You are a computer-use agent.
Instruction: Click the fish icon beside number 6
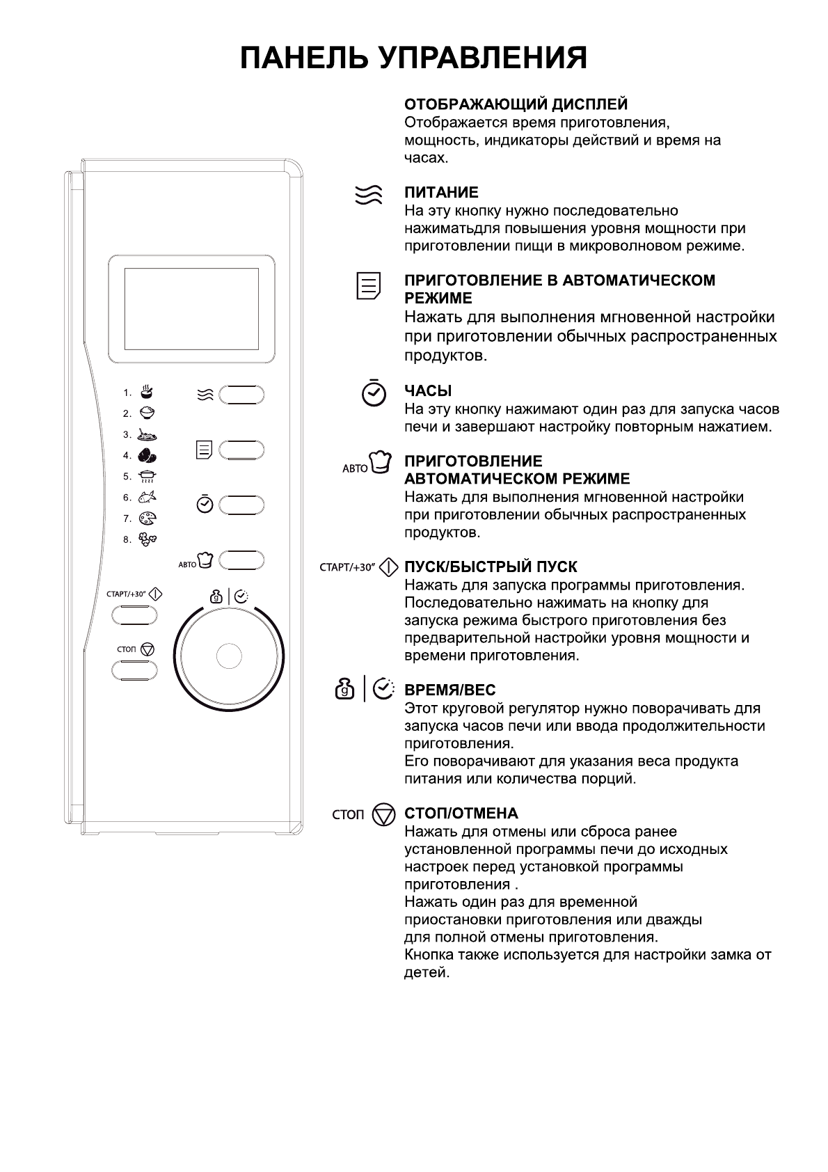point(148,497)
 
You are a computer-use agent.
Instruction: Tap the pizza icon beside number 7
point(148,518)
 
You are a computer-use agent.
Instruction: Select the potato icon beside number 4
point(148,455)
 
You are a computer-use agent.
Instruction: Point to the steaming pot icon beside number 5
point(148,476)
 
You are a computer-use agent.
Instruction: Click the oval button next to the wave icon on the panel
point(241,395)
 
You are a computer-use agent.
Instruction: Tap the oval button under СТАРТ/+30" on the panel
point(134,615)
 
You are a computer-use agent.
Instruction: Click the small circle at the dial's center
point(229,656)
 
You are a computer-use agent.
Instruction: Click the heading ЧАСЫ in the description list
point(428,391)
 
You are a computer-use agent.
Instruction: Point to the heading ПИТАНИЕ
point(441,193)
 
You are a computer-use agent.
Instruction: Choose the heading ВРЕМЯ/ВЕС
point(449,690)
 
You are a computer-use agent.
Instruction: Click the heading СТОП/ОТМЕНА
point(461,814)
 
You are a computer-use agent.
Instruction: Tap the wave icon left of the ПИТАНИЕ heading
point(368,195)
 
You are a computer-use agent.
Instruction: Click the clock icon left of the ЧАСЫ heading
point(374,393)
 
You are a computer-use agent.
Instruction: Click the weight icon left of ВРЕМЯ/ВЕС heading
point(345,690)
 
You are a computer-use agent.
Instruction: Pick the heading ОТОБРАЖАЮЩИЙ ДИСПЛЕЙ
point(516,104)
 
